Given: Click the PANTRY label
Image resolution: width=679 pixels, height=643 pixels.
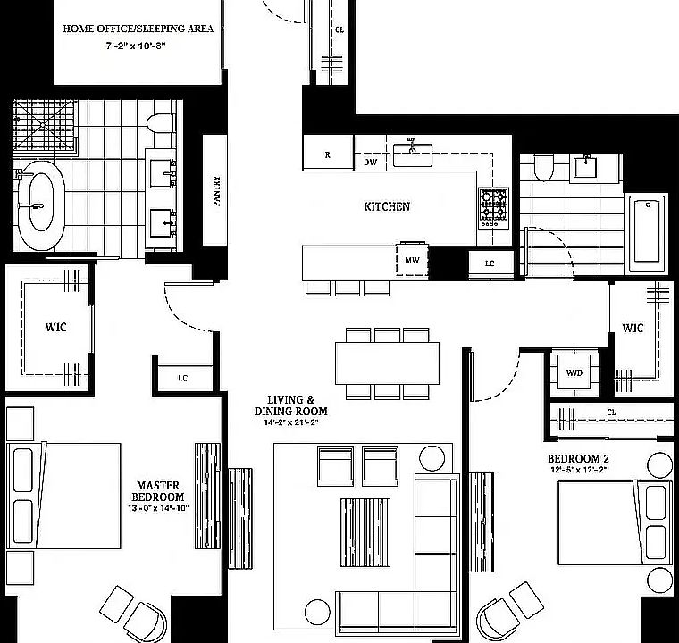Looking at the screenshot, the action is coord(217,190).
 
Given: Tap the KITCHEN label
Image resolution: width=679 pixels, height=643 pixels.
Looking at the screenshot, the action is coord(387,206).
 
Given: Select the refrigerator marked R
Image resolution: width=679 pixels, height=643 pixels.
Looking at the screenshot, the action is coord(328,152).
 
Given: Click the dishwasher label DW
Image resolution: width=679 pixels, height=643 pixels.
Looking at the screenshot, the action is coord(370,162).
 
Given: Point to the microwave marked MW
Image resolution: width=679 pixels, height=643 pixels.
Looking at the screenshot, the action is coord(412,260).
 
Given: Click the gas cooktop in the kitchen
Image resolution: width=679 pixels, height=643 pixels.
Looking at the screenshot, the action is coord(493,208).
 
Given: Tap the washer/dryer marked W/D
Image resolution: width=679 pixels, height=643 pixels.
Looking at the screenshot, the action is coord(574,372).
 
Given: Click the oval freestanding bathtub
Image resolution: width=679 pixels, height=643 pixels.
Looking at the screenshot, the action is coord(41,205).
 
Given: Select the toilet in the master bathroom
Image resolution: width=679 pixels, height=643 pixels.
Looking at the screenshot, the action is coord(161,123).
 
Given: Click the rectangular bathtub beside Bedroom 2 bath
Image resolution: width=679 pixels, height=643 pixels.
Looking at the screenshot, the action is coord(647,234).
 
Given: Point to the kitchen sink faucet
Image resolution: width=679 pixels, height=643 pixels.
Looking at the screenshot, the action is coord(411,146).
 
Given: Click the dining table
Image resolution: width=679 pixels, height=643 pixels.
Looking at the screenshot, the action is coord(387,363).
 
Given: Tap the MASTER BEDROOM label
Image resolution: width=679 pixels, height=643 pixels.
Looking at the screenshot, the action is coord(157,491).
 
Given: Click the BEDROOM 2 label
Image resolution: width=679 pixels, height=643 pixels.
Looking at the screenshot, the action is coord(579,458).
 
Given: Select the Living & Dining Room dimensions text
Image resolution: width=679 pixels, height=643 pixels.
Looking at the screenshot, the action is coord(291,422).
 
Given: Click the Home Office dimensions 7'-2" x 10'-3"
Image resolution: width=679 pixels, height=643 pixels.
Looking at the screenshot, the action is coord(136,46).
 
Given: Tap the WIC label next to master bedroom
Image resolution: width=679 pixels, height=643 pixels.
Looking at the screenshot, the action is coord(56,327).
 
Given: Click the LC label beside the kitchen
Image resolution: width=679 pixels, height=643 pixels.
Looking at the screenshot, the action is coord(490,263).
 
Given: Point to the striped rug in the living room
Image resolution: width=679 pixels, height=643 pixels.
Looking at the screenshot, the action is coord(365,532).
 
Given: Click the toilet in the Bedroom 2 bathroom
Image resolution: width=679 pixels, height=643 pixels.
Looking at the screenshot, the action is coord(543,168).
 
